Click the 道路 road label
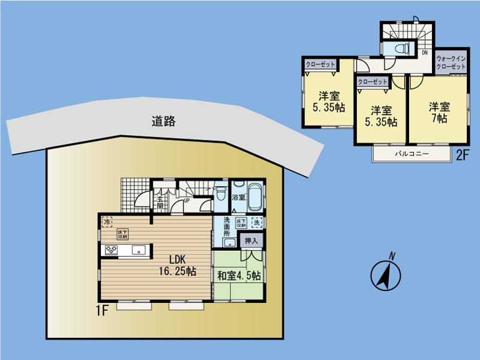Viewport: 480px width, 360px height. pyautogui.click(x=163, y=121)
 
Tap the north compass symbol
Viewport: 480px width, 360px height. pyautogui.click(x=384, y=275)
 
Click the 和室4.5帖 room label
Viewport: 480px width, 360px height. pyautogui.click(x=239, y=276)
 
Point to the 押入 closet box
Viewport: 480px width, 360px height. pyautogui.click(x=251, y=241)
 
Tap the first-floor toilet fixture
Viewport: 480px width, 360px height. pyautogui.click(x=220, y=194)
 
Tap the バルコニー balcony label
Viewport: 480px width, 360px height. pyautogui.click(x=411, y=154)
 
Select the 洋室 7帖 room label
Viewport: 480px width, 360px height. pyautogui.click(x=439, y=113)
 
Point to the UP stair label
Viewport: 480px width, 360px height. pyautogui.click(x=187, y=200)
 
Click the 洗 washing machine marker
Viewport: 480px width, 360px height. pyautogui.click(x=256, y=222)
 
